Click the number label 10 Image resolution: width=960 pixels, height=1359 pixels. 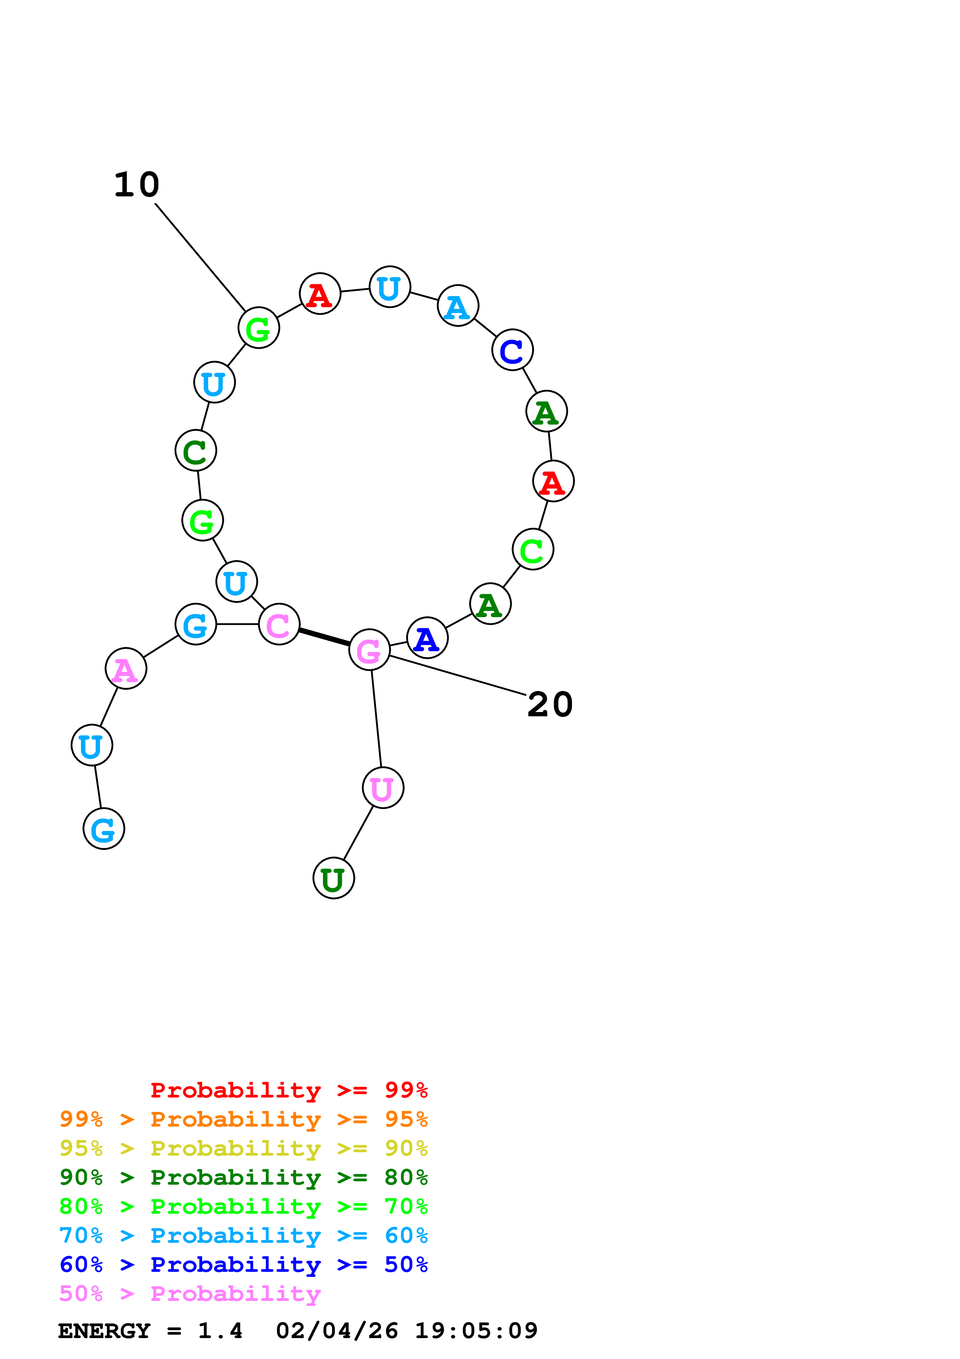click(x=137, y=185)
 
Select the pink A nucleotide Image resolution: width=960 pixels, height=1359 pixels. click(x=125, y=668)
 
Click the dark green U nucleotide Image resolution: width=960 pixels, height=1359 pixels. click(x=333, y=878)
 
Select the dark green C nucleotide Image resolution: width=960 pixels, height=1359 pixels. click(x=196, y=451)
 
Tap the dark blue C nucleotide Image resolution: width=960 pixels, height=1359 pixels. click(x=512, y=350)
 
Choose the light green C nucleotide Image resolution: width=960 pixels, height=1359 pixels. click(x=532, y=549)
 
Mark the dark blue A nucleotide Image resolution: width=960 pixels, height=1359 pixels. click(x=427, y=638)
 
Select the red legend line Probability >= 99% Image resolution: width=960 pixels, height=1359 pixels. click(x=289, y=1090)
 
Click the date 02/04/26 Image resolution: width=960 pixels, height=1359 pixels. click(x=337, y=1331)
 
